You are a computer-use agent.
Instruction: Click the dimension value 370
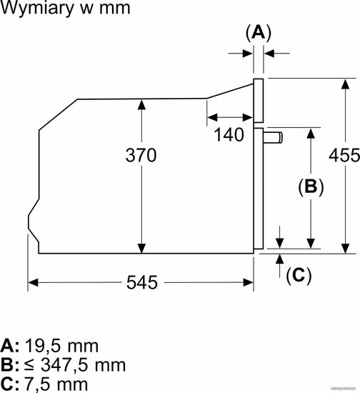tap(141, 155)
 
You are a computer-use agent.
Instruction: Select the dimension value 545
tap(142, 283)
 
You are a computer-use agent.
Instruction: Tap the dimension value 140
tap(229, 134)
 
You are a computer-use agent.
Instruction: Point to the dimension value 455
tap(344, 155)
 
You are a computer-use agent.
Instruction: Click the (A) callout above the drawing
tap(259, 33)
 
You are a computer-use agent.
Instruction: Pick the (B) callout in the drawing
tap(311, 186)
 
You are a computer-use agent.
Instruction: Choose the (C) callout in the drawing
tap(299, 276)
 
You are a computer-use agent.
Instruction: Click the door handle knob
tap(273, 138)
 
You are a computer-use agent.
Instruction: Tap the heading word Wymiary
tap(38, 9)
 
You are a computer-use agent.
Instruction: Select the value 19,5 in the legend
tap(43, 347)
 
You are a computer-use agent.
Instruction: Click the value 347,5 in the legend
tap(64, 365)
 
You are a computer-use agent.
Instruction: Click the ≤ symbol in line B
tap(29, 365)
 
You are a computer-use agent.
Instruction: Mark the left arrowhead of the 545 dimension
tap(33, 283)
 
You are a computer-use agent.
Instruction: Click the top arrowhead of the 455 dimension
tap(346, 84)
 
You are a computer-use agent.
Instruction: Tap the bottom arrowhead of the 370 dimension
tap(142, 249)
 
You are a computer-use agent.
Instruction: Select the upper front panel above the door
tap(259, 101)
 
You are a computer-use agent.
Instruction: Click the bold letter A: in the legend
tap(10, 346)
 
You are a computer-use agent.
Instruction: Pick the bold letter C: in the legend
tap(10, 384)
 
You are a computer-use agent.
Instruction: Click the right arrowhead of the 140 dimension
tap(248, 117)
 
